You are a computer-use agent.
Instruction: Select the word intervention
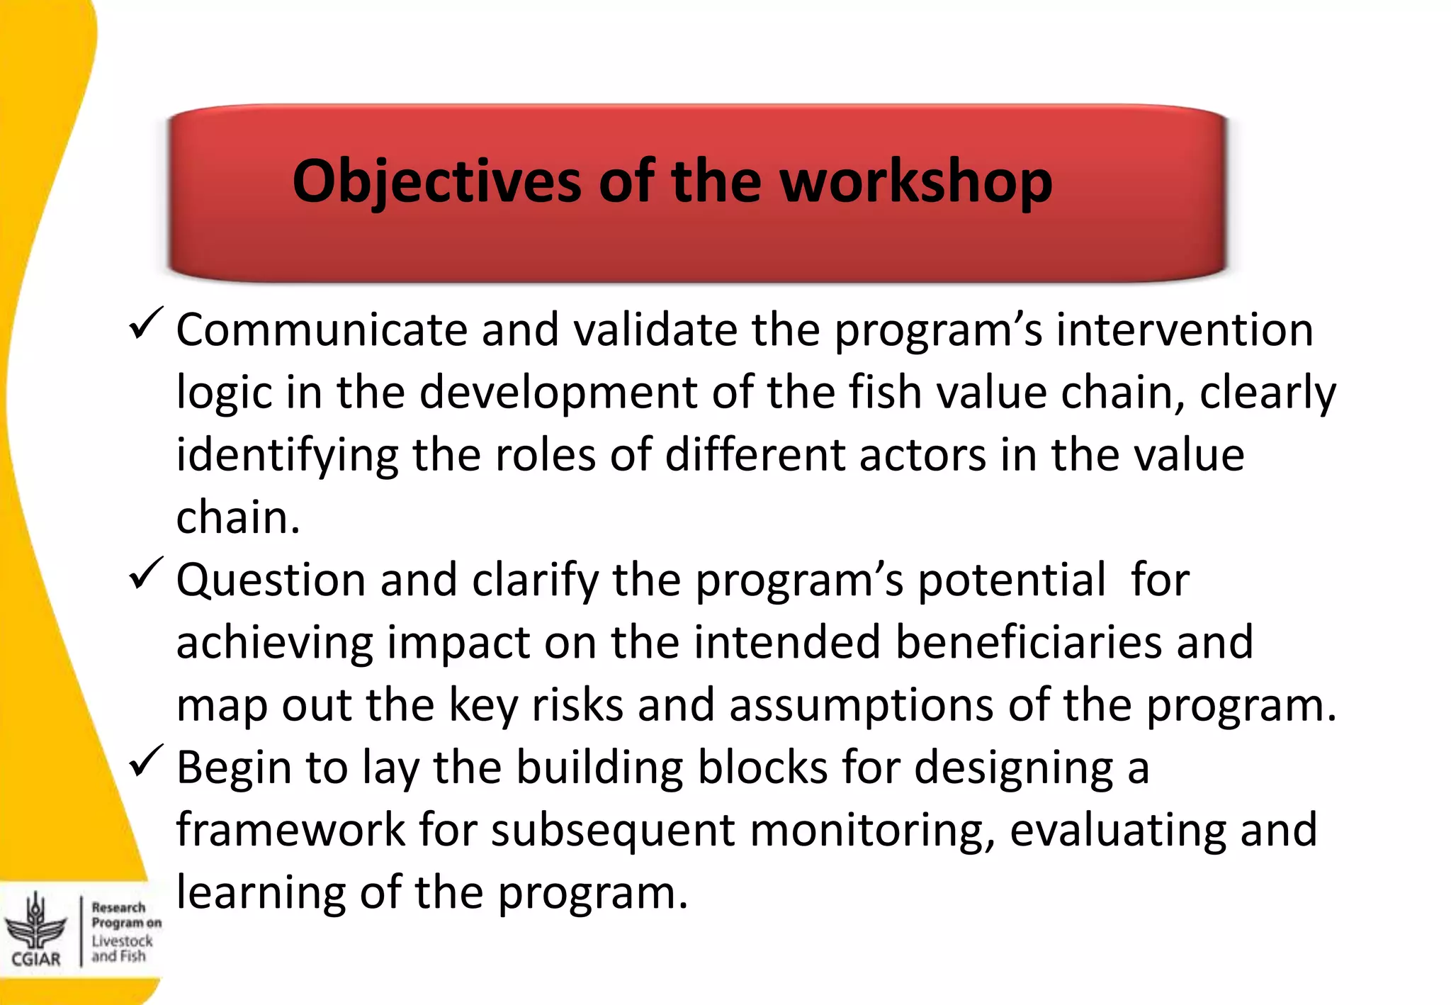click(1184, 330)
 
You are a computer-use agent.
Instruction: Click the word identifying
click(287, 456)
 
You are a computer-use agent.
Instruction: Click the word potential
click(1012, 580)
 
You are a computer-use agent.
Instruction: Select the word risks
click(577, 705)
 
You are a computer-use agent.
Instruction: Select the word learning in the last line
click(260, 893)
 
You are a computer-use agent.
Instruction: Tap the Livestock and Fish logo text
click(121, 948)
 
